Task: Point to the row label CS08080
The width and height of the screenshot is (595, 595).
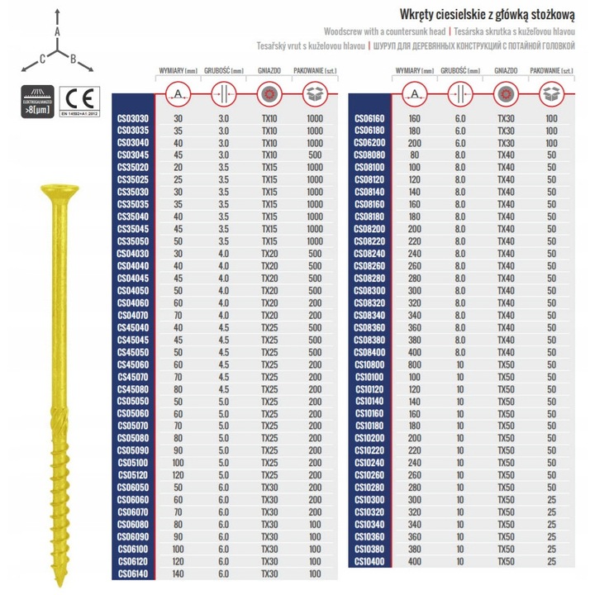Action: pyautogui.click(x=369, y=154)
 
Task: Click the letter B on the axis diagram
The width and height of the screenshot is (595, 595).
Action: pyautogui.click(x=74, y=59)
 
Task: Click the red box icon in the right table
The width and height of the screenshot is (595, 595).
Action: pyautogui.click(x=551, y=94)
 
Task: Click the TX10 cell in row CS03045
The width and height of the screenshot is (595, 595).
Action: pyautogui.click(x=269, y=154)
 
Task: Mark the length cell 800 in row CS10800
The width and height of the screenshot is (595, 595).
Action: pyautogui.click(x=414, y=363)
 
